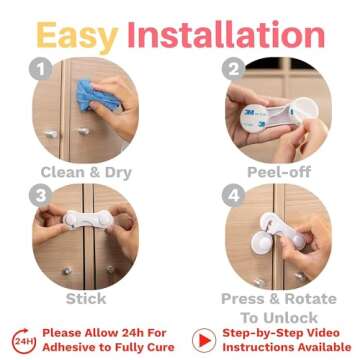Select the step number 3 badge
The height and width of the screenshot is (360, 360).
coord(41,195)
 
